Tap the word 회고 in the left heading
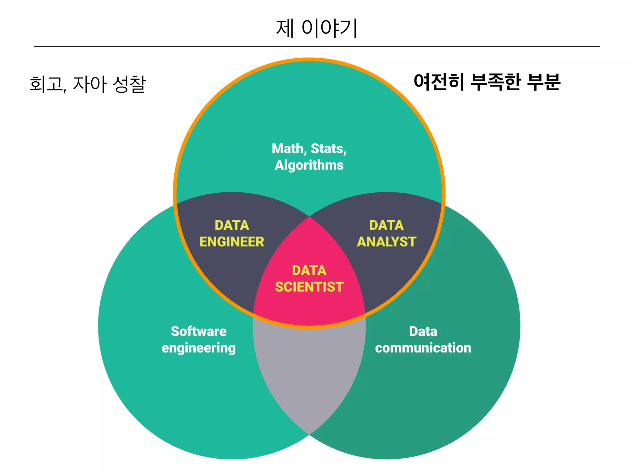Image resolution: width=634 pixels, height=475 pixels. coord(47,84)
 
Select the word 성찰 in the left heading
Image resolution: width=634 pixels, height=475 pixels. coord(129,84)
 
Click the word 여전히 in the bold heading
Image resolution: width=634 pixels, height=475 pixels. coord(439,82)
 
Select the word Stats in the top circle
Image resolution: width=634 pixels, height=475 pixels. coord(328,149)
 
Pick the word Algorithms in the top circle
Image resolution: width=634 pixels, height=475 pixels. coord(309,165)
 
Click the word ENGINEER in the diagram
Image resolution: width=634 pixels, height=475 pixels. coord(232,242)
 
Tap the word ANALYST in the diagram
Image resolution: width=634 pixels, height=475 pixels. coord(386,242)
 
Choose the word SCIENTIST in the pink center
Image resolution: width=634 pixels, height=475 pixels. coord(309,287)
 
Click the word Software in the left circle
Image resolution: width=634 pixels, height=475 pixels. coord(199,332)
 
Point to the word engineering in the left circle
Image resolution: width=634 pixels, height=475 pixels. coord(199,348)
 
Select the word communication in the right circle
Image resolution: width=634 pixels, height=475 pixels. coord(423,348)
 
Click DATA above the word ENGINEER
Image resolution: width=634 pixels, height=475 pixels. coord(232,225)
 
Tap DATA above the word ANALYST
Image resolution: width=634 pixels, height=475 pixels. coord(386,225)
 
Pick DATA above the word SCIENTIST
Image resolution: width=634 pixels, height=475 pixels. coord(309,271)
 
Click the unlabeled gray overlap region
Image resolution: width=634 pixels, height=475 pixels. coord(309,371)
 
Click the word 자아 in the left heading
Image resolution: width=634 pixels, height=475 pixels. coord(90,84)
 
